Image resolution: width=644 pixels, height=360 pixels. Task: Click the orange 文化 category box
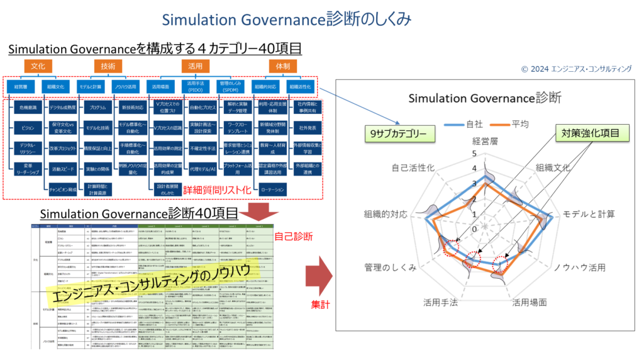pyautogui.click(x=38, y=65)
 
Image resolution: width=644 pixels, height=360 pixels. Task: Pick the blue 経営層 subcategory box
pyautogui.click(x=21, y=86)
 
